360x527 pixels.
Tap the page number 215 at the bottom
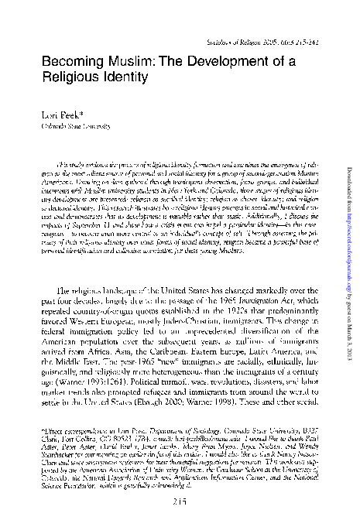click(x=179, y=503)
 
